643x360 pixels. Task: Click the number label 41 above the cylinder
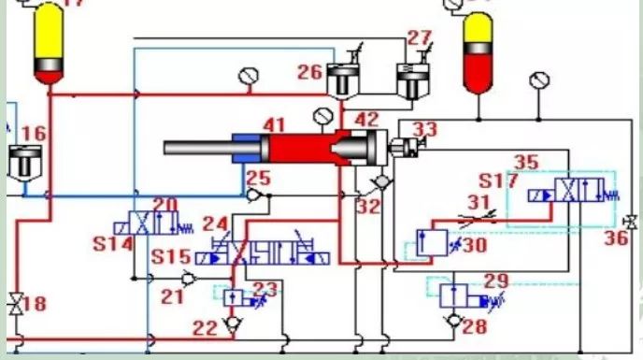274,125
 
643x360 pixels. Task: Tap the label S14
113,244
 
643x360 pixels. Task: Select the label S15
171,257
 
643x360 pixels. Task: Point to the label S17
498,180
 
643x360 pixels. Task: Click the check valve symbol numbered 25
254,195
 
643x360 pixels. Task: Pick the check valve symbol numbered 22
234,324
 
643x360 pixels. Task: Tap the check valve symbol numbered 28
454,320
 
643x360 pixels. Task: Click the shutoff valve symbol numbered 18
17,304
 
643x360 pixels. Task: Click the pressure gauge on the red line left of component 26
249,77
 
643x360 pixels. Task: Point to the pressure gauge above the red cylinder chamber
323,116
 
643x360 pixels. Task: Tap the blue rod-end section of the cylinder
247,148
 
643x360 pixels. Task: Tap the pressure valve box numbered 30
432,243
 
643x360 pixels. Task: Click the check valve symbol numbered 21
188,279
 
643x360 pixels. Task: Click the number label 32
368,207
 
